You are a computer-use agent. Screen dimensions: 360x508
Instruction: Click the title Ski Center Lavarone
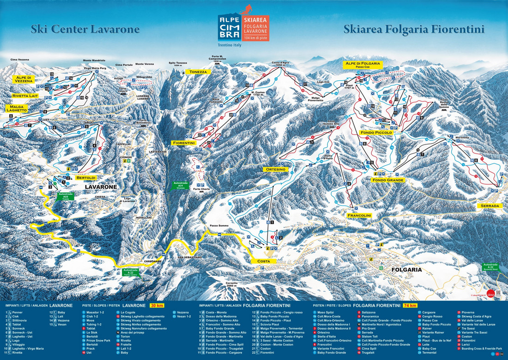click(x=85, y=30)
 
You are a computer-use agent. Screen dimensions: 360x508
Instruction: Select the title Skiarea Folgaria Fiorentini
click(x=414, y=30)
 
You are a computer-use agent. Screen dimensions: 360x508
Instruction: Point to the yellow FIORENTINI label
click(x=183, y=143)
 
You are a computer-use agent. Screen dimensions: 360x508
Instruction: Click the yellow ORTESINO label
click(x=276, y=169)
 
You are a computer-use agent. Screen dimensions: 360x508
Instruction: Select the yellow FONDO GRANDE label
click(x=388, y=180)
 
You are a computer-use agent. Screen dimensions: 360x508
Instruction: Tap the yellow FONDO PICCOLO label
click(x=376, y=132)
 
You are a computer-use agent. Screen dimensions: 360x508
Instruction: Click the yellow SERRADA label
click(x=490, y=205)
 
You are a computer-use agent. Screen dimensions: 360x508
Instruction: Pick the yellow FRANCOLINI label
click(x=360, y=215)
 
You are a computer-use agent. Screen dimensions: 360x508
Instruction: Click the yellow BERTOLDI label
click(x=86, y=178)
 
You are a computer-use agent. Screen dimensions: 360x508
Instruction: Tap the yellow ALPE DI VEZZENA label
click(x=23, y=79)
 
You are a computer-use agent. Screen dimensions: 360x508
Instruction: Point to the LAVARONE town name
click(x=100, y=186)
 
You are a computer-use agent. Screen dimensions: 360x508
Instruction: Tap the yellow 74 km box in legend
click(x=409, y=306)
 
